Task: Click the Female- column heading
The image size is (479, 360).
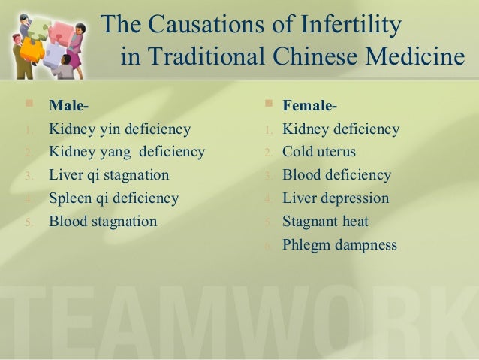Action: pyautogui.click(x=309, y=105)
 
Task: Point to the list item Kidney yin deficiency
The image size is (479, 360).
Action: pyautogui.click(x=120, y=129)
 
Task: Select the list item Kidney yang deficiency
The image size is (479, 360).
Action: pyautogui.click(x=127, y=152)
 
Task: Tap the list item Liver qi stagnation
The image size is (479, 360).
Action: pyautogui.click(x=109, y=175)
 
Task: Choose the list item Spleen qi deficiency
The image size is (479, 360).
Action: pyautogui.click(x=114, y=198)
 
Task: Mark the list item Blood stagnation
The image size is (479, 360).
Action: pyautogui.click(x=103, y=222)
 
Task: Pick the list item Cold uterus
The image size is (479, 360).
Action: pyautogui.click(x=319, y=152)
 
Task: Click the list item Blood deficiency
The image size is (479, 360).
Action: pyautogui.click(x=337, y=175)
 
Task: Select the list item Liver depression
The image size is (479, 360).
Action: pyautogui.click(x=336, y=198)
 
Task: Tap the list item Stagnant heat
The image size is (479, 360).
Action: pyautogui.click(x=325, y=222)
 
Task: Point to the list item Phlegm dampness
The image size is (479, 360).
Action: pyautogui.click(x=340, y=245)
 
